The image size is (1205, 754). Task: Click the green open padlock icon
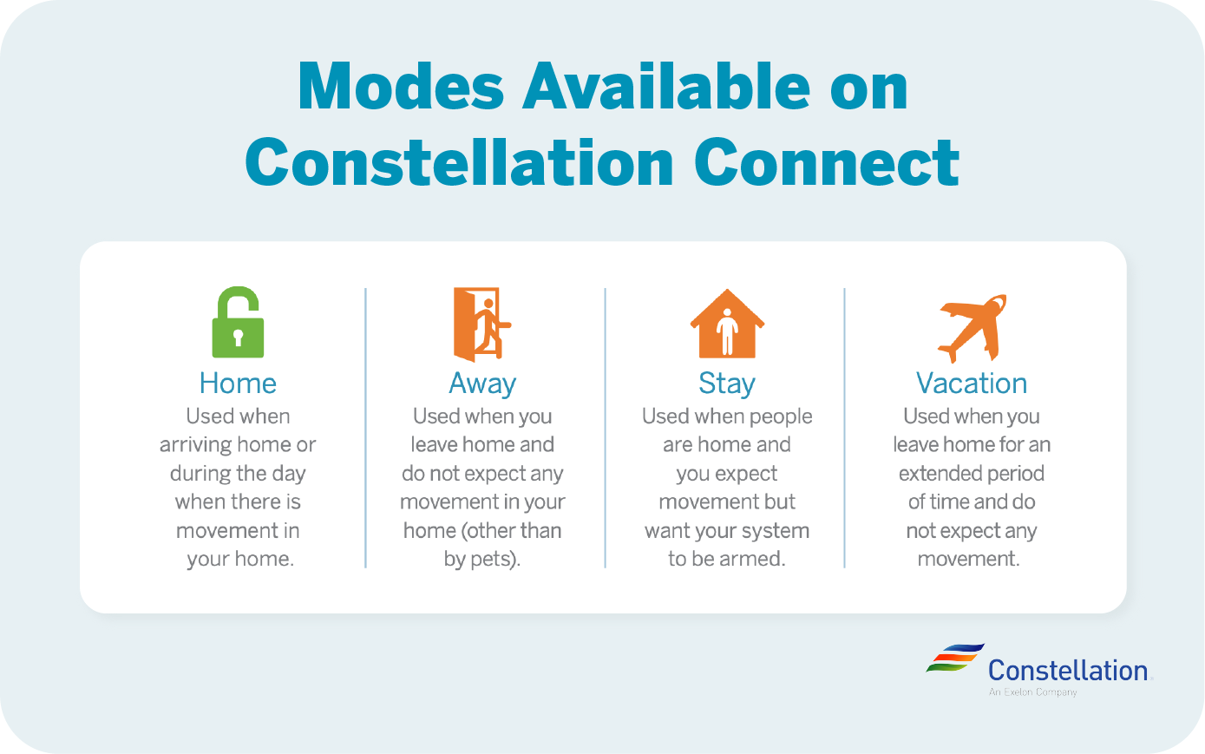point(238,323)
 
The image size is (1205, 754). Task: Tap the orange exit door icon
point(482,324)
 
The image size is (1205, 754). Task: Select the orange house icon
point(727,324)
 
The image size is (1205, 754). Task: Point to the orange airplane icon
point(973,328)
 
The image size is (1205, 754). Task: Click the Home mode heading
point(238,384)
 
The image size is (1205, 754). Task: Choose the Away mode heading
point(482,384)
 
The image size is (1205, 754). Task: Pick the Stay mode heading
point(727,384)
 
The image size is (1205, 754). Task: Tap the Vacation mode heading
point(972,384)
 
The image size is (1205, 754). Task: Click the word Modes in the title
point(401,86)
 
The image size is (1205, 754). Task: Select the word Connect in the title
point(827,162)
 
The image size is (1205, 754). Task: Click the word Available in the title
point(666,85)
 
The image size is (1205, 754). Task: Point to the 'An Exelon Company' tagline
point(1033,692)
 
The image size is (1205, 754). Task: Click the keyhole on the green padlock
point(239,338)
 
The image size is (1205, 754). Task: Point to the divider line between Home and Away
point(366,428)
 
